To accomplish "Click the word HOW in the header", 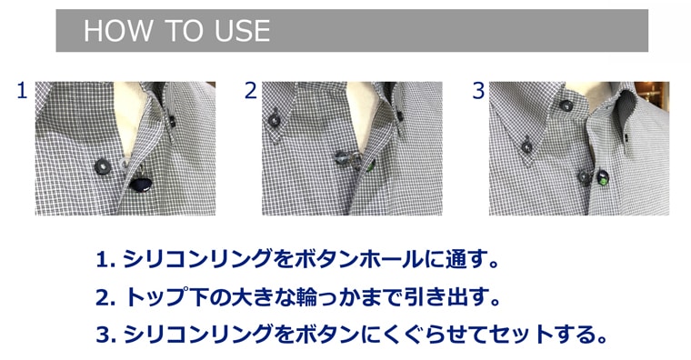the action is pyautogui.click(x=118, y=31).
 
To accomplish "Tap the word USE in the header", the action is pyautogui.click(x=243, y=31).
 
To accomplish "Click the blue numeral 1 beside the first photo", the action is pyautogui.click(x=22, y=90).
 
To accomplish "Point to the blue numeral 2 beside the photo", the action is pyautogui.click(x=250, y=90).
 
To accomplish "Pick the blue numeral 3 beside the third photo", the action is pyautogui.click(x=478, y=90).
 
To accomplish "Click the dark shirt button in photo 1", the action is pyautogui.click(x=103, y=166).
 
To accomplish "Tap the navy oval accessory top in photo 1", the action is pyautogui.click(x=141, y=184).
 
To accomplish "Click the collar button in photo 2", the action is pyautogui.click(x=274, y=120).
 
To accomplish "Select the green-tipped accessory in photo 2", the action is pyautogui.click(x=370, y=165).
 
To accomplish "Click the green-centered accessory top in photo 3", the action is pyautogui.click(x=603, y=178).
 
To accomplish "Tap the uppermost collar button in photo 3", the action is pyautogui.click(x=566, y=105).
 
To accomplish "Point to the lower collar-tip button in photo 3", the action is pyautogui.click(x=526, y=146).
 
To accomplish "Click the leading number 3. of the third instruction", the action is pyautogui.click(x=105, y=335).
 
